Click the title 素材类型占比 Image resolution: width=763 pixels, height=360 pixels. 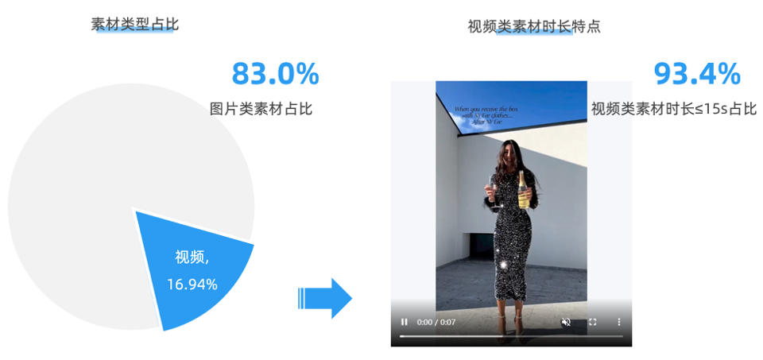pyautogui.click(x=135, y=25)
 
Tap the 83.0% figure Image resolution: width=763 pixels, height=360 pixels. pyautogui.click(x=275, y=74)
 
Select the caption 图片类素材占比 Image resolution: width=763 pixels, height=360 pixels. pyautogui.click(x=261, y=109)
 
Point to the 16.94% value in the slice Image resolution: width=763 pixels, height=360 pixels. pyautogui.click(x=192, y=284)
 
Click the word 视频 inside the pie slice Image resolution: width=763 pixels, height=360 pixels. pyautogui.click(x=190, y=257)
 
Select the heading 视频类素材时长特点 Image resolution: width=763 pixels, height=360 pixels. pyautogui.click(x=534, y=26)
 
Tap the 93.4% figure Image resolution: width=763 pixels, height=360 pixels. pyautogui.click(x=697, y=74)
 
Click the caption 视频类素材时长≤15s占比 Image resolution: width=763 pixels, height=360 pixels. pyautogui.click(x=674, y=109)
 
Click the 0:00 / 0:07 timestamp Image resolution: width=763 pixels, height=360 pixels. pyautogui.click(x=436, y=322)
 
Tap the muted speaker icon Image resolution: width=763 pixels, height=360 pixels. pyautogui.click(x=566, y=322)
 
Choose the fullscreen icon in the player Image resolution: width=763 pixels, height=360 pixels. pyautogui.click(x=592, y=322)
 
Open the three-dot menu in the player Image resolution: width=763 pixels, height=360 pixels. pyautogui.click(x=619, y=322)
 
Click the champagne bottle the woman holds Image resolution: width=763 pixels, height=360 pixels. pyautogui.click(x=524, y=191)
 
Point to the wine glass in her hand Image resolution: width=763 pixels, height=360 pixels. pyautogui.click(x=493, y=190)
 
